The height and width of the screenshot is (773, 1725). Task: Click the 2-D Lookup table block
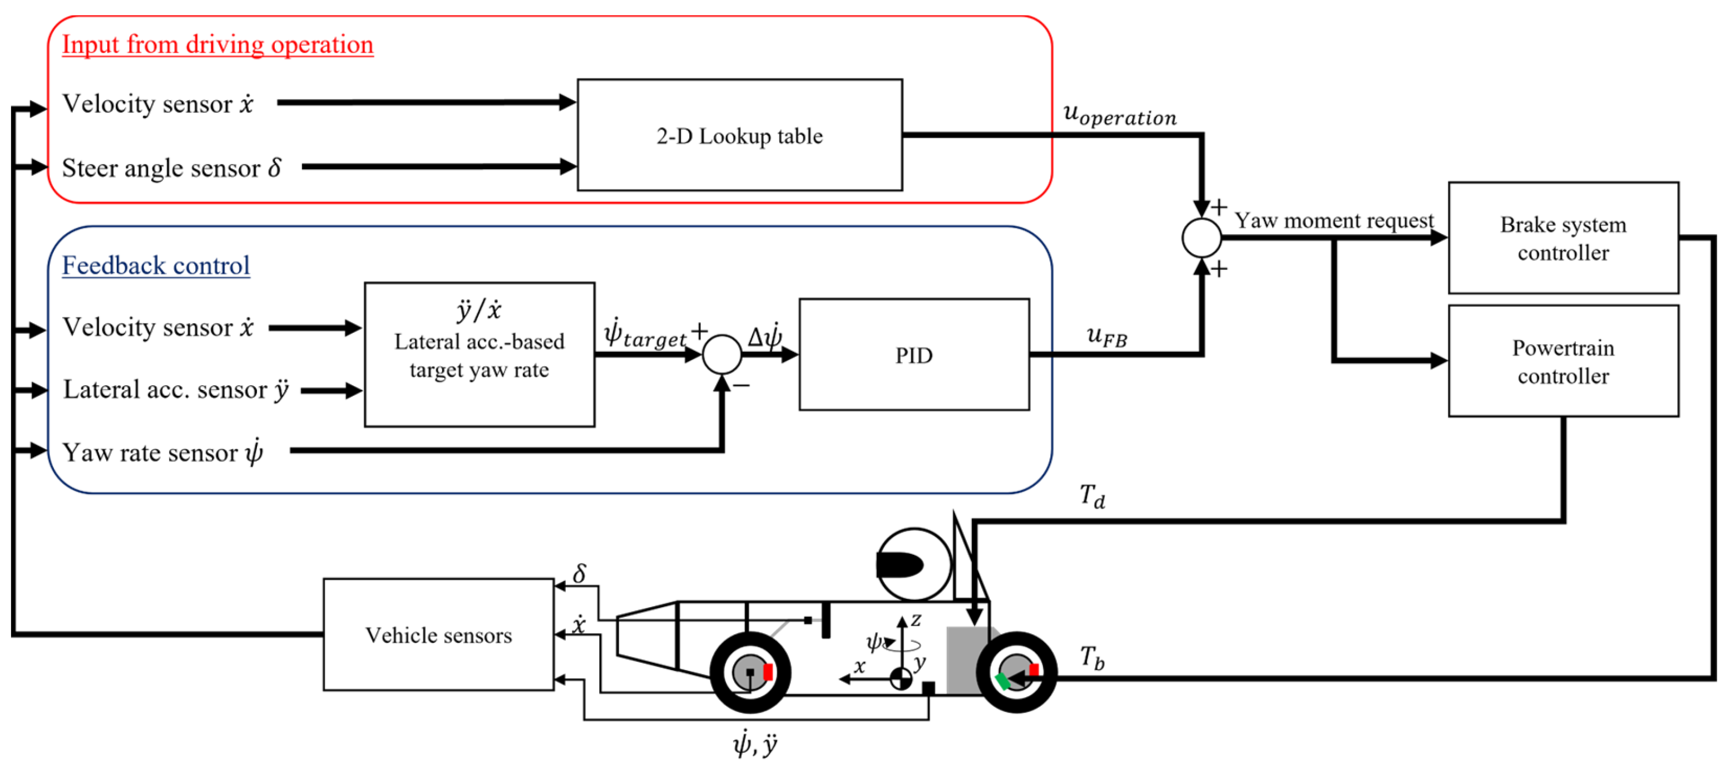tap(739, 135)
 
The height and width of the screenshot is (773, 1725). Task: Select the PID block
tap(914, 355)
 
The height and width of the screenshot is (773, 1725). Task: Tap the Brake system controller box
tap(1563, 238)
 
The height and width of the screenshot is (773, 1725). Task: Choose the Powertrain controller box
tap(1563, 361)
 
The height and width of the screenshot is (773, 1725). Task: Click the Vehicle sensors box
tap(438, 634)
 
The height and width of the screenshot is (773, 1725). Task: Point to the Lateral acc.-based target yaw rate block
tap(480, 355)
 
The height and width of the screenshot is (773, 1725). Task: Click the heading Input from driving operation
tap(218, 44)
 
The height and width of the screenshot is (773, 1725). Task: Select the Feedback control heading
tap(156, 265)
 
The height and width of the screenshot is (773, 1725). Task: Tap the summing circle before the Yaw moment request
tap(1202, 238)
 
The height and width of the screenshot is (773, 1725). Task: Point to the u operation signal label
tap(1120, 115)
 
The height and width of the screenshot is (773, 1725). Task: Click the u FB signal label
tap(1107, 335)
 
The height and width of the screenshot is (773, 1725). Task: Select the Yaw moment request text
tap(1334, 220)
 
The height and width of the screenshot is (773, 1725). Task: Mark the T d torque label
tap(1092, 496)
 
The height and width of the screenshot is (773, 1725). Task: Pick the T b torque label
tap(1092, 657)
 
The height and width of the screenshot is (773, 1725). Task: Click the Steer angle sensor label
tap(171, 168)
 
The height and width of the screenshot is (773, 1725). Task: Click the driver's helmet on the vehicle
tap(913, 564)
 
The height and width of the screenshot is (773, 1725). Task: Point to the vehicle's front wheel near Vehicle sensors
tap(750, 672)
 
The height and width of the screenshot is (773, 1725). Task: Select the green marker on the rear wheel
tap(1002, 681)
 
